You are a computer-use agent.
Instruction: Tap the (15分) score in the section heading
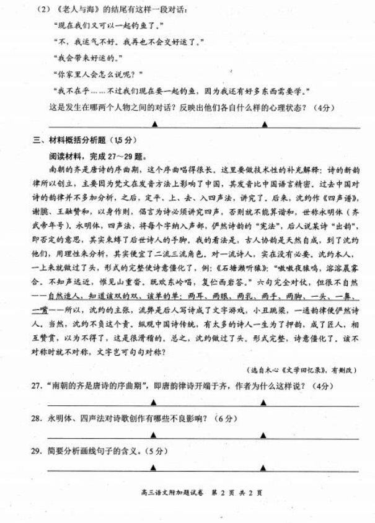[x=124, y=138]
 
